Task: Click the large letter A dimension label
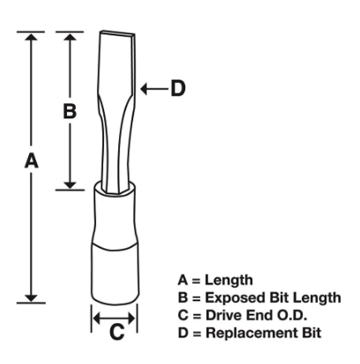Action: click(32, 161)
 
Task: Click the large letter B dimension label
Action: click(70, 111)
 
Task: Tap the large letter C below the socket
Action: click(116, 331)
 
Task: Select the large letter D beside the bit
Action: click(178, 88)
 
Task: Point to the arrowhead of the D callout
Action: click(144, 88)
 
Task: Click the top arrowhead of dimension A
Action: click(31, 37)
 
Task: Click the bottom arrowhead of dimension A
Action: click(31, 298)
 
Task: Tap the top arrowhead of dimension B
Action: click(70, 37)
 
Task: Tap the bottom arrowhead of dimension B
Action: click(70, 185)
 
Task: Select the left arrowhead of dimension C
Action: click(97, 318)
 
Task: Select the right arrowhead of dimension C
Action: click(131, 318)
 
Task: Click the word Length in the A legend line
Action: click(229, 280)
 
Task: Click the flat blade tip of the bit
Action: click(117, 33)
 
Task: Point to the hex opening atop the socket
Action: click(115, 187)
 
